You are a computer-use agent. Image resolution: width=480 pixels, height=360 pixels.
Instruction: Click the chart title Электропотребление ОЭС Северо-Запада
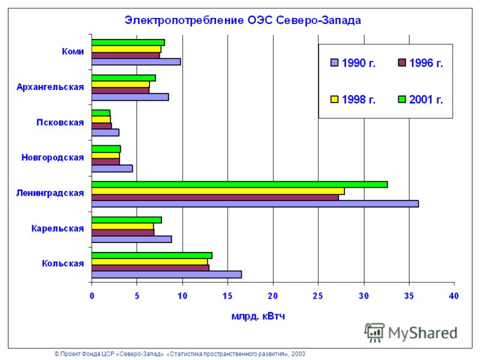click(x=243, y=20)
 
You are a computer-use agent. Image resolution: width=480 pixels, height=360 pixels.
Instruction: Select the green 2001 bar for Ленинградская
click(x=239, y=184)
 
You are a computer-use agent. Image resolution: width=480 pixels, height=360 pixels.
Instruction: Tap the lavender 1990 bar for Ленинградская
click(x=255, y=204)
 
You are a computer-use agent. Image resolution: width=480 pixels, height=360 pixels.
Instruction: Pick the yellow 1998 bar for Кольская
click(x=149, y=262)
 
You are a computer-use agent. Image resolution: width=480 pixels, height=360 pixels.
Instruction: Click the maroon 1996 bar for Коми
click(x=125, y=55)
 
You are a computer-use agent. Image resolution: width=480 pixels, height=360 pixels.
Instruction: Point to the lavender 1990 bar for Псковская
click(x=106, y=133)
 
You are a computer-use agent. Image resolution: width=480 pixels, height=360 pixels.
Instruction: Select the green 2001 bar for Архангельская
click(x=124, y=78)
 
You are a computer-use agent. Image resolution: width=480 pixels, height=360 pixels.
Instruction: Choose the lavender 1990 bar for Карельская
click(x=131, y=239)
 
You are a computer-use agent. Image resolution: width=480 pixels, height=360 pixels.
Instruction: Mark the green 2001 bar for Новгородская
click(x=106, y=149)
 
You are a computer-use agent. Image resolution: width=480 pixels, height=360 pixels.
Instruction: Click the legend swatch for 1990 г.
click(x=334, y=63)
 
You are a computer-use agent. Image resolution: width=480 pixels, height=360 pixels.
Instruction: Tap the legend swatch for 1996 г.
click(x=401, y=63)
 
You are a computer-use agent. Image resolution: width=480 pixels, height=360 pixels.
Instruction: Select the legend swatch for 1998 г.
click(x=334, y=99)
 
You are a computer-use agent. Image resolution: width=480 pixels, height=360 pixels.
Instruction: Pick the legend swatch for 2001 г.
click(x=401, y=99)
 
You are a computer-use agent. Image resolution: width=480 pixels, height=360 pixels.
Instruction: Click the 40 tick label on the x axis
click(x=454, y=296)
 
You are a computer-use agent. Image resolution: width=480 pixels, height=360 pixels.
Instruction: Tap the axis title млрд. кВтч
click(x=258, y=316)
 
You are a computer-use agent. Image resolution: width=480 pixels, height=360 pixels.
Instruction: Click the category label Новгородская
click(x=53, y=157)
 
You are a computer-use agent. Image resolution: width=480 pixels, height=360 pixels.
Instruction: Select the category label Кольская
click(x=63, y=263)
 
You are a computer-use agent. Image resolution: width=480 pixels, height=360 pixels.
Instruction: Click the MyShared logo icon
click(x=374, y=333)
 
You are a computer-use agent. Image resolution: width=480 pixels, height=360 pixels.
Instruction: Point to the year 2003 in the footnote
click(x=298, y=354)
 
